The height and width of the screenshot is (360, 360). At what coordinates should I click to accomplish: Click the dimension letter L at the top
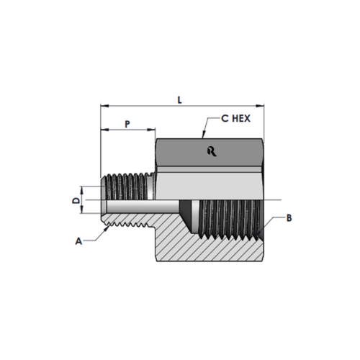coord(179,100)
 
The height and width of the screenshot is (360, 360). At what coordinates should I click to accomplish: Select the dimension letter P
coord(127,124)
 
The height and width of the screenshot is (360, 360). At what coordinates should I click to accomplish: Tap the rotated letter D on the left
coord(76,200)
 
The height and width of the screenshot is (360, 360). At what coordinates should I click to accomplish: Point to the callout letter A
coord(78,241)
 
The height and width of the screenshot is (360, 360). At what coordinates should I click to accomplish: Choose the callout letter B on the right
coord(289,218)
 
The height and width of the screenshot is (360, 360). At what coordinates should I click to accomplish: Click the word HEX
coord(242,118)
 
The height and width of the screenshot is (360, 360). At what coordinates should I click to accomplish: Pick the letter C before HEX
coord(225,118)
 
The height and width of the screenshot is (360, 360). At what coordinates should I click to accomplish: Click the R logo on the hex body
coord(212,152)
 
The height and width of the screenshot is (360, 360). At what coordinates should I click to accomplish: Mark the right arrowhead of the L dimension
coord(260,106)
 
